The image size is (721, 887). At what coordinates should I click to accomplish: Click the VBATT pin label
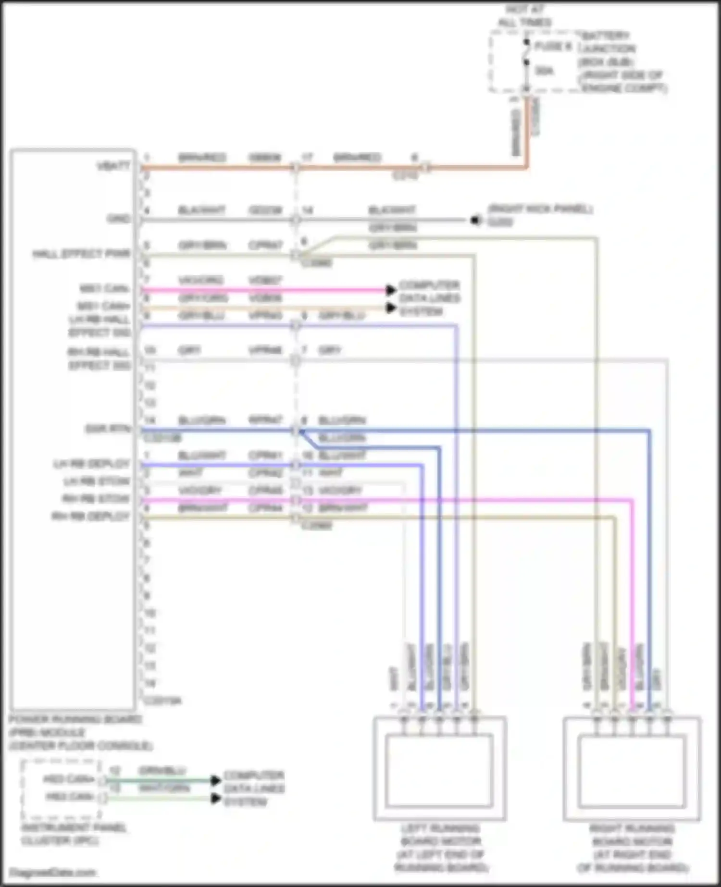click(113, 166)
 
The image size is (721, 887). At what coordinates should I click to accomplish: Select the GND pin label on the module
click(119, 219)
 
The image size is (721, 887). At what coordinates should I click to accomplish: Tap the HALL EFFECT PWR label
click(81, 254)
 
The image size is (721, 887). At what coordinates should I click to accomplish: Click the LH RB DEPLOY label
click(91, 464)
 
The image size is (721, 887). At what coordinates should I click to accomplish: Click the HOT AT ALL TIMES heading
click(524, 16)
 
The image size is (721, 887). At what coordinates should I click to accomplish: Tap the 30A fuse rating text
click(544, 71)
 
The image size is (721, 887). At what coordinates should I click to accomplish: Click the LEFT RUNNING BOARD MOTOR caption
click(440, 848)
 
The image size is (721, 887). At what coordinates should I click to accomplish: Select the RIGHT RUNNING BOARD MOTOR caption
click(632, 848)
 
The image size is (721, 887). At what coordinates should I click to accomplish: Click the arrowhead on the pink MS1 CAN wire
click(391, 290)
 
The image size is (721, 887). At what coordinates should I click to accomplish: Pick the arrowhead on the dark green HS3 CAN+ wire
click(216, 780)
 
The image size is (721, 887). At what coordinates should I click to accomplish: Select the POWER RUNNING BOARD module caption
click(80, 732)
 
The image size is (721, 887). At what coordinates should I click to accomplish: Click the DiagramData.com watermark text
click(53, 872)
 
